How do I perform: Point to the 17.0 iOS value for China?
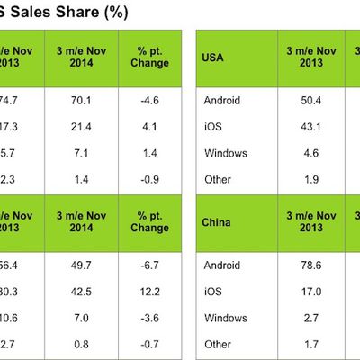tap(306, 292)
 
